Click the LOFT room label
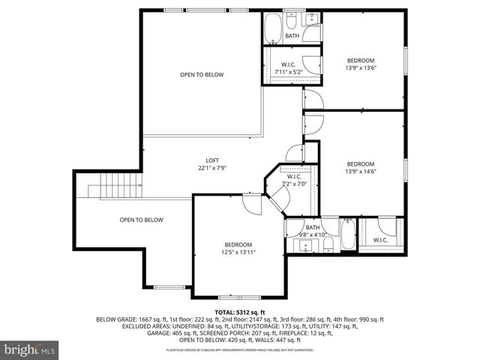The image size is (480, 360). click(213, 160)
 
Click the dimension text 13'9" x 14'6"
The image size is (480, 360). click(360, 172)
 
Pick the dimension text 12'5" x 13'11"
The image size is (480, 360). click(238, 252)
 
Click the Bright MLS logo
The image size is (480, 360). click(30, 349)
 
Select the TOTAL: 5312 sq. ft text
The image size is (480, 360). click(240, 312)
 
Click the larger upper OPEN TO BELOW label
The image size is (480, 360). click(201, 74)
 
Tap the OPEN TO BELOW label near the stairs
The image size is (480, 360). click(141, 220)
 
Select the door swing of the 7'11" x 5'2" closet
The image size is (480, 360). click(309, 61)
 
